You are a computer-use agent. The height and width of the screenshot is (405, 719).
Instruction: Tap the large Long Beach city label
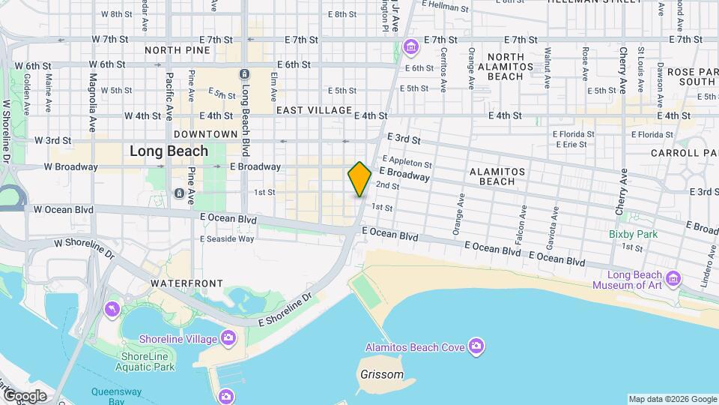click(169, 151)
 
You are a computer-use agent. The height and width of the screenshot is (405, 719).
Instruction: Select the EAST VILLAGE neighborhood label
click(314, 110)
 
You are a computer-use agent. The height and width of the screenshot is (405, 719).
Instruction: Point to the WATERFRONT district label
click(186, 283)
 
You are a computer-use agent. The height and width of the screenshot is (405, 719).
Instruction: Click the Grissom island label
click(381, 374)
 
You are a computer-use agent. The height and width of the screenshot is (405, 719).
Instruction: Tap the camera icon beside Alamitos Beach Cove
click(476, 346)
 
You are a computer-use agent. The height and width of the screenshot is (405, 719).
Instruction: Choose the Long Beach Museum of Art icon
click(673, 279)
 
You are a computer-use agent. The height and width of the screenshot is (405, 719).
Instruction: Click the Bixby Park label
click(632, 234)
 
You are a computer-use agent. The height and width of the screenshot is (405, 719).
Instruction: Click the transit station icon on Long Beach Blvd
click(243, 73)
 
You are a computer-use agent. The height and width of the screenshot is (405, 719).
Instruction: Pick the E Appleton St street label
click(407, 162)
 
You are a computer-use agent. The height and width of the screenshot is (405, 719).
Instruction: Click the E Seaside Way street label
click(227, 238)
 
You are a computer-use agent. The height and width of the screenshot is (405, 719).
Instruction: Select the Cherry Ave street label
click(622, 193)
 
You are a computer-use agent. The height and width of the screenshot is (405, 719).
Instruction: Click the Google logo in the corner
click(24, 395)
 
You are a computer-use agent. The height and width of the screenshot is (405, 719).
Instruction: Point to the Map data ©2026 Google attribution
click(672, 399)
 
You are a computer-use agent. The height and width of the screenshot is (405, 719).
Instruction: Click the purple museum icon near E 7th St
click(410, 49)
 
